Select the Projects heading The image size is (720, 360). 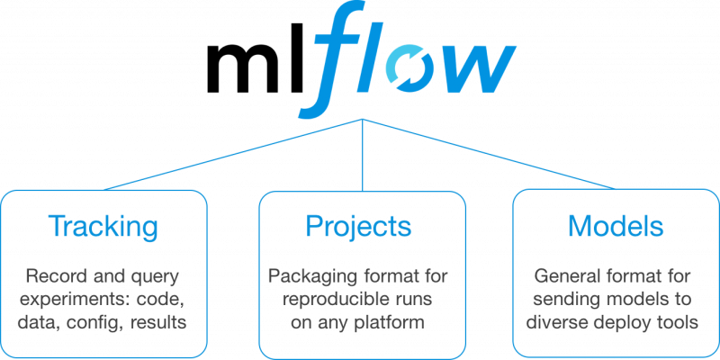point(360,225)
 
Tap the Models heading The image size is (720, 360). point(616,225)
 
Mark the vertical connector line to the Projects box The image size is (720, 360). point(363,157)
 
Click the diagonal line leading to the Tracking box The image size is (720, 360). point(234,154)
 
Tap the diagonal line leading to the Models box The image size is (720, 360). point(490,154)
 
